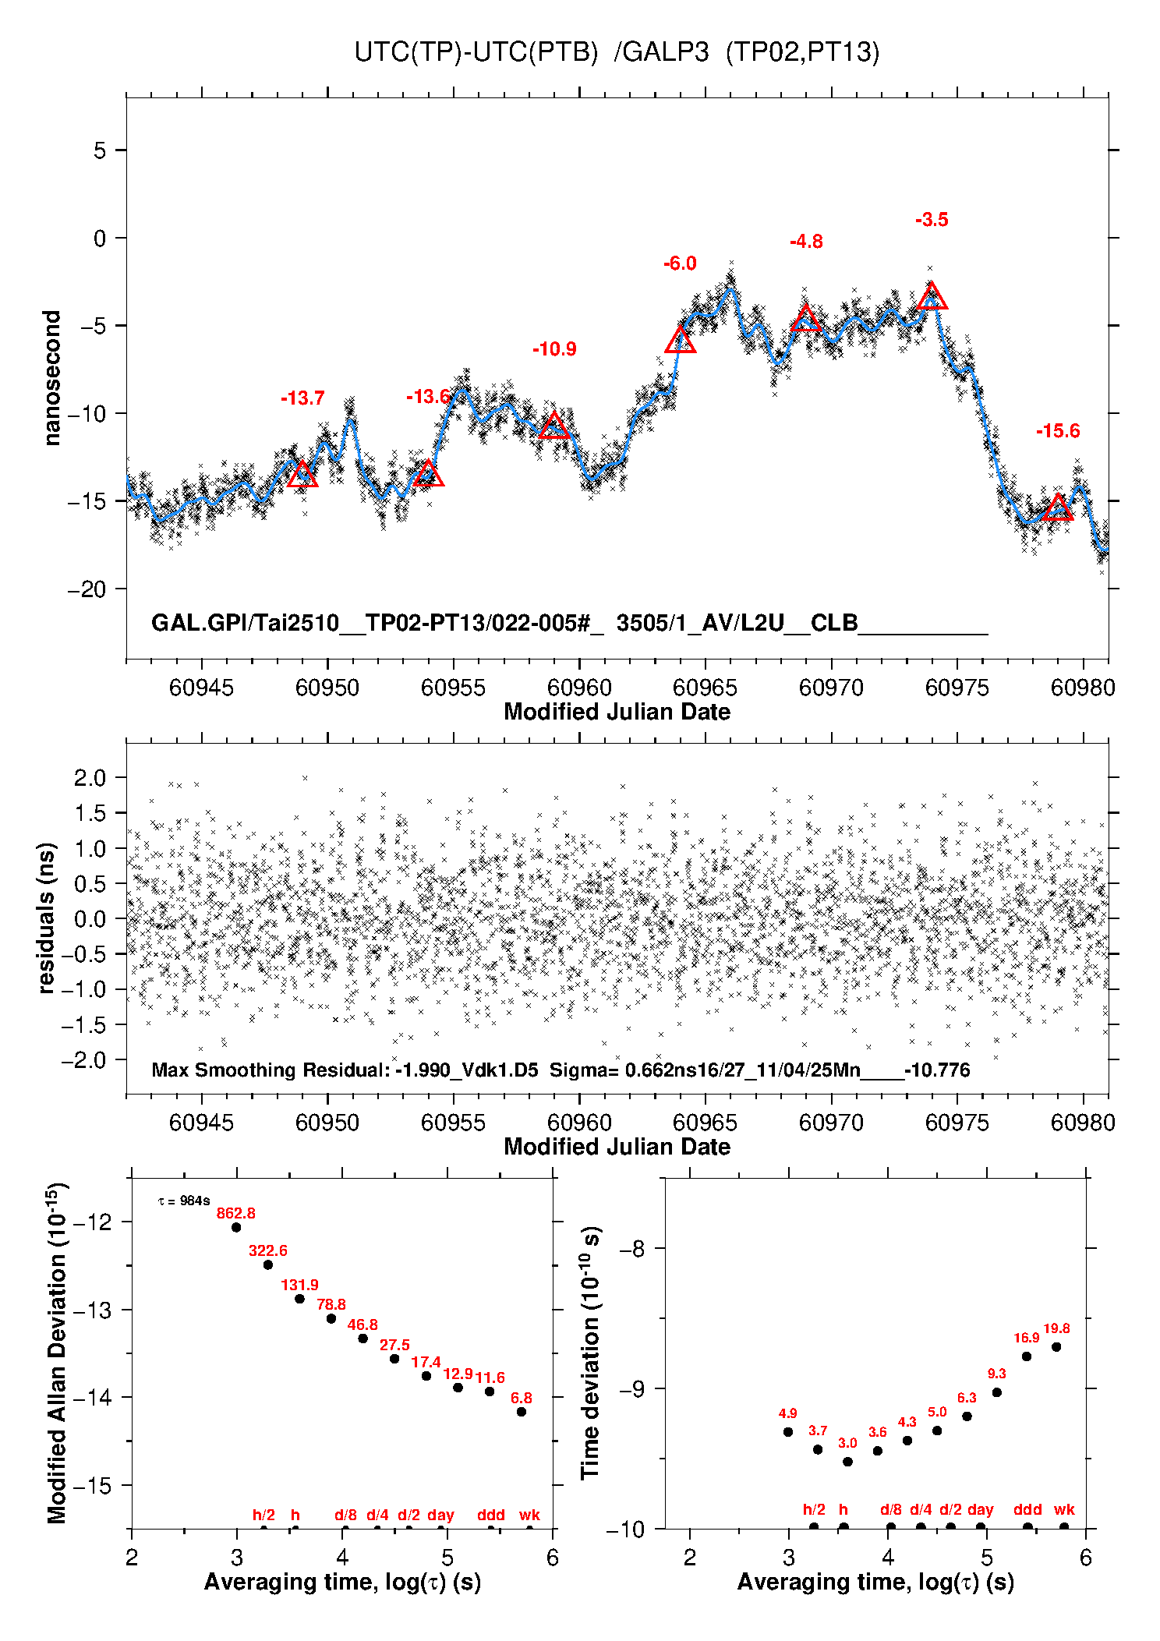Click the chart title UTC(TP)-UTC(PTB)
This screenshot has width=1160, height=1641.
point(476,52)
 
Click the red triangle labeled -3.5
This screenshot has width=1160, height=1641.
point(932,297)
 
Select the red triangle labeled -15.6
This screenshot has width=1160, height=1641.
point(1058,508)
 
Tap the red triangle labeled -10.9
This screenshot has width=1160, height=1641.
point(554,426)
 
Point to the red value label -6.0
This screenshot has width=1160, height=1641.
point(680,263)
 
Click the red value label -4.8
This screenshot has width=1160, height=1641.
point(806,242)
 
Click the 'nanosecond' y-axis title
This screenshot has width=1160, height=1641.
point(52,378)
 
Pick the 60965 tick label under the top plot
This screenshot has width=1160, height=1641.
point(705,688)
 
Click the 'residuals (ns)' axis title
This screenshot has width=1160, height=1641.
point(47,918)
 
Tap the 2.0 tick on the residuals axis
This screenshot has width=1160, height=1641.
point(90,777)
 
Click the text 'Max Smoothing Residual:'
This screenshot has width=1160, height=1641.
point(271,1070)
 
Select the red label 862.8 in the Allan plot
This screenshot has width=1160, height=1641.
point(235,1213)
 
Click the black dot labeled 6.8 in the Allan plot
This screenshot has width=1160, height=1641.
point(522,1412)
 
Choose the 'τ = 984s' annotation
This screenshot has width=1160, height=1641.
point(184,1201)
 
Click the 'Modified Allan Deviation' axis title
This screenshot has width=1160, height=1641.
point(57,1353)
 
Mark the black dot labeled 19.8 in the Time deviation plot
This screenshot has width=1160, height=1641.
point(1056,1347)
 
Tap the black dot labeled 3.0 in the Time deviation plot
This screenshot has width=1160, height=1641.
point(847,1462)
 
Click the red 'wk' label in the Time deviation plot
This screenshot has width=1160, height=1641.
point(1064,1509)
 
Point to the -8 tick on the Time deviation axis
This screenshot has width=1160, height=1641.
point(631,1249)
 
